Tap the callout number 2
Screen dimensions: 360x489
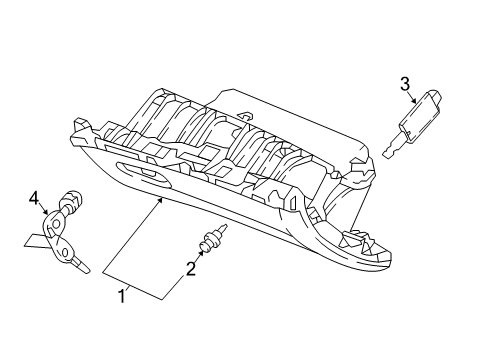coord(187,267)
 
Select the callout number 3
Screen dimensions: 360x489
coord(405,83)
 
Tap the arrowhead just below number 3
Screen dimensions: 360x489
coord(410,103)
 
